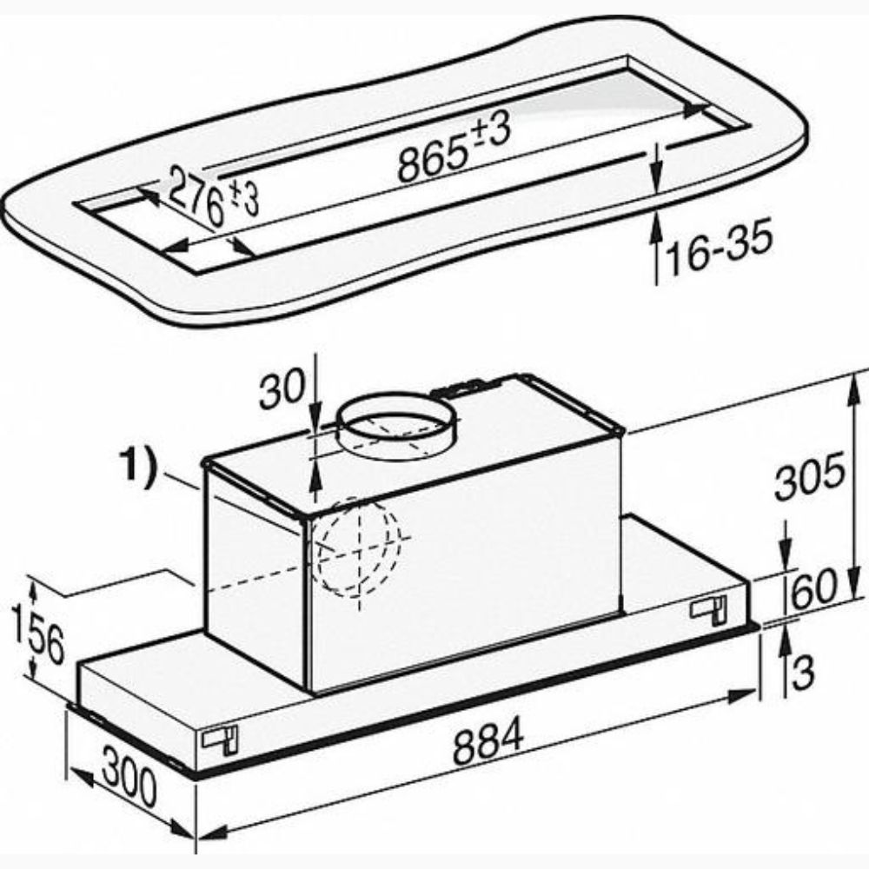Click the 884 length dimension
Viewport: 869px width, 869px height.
pyautogui.click(x=488, y=741)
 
